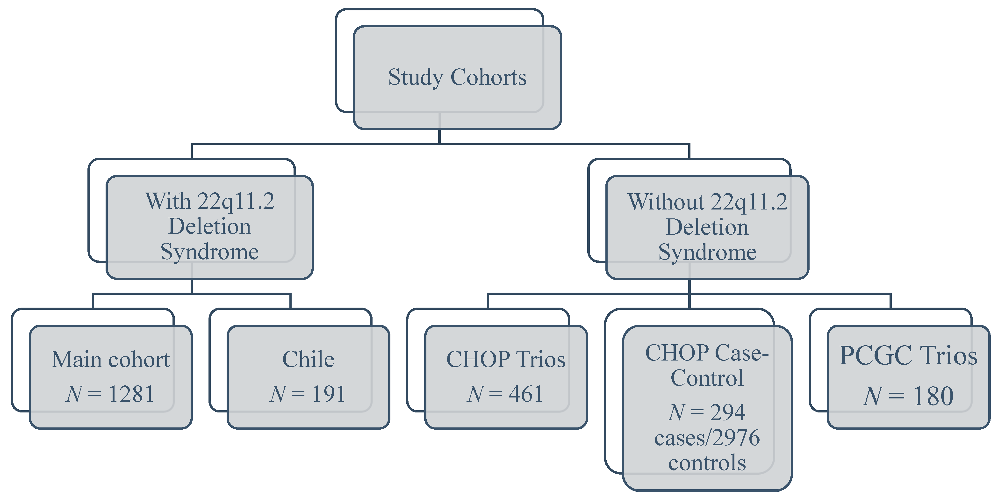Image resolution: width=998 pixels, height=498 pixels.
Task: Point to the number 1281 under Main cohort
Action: click(x=131, y=394)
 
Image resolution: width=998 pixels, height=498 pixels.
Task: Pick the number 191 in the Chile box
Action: click(x=329, y=394)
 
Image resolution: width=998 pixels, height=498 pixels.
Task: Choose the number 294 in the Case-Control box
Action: click(x=728, y=412)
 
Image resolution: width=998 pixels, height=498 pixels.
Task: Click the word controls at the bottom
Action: click(x=707, y=463)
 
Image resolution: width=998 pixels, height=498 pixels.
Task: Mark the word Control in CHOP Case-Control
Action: click(x=707, y=378)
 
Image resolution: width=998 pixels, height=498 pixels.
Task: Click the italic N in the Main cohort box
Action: click(x=74, y=394)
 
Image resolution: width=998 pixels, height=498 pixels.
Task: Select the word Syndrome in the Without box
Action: click(x=707, y=252)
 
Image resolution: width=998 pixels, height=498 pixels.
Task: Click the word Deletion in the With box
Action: click(x=210, y=226)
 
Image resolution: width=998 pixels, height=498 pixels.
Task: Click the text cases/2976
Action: click(x=707, y=438)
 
